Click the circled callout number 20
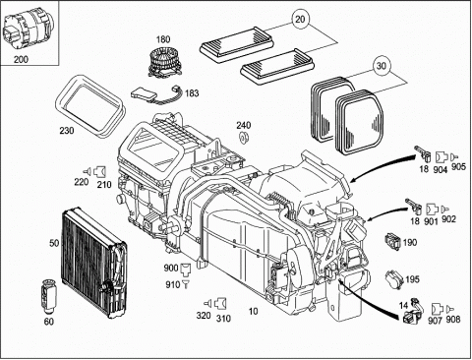pyautogui.click(x=300, y=20)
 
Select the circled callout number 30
pyautogui.click(x=382, y=66)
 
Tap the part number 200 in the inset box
pyautogui.click(x=21, y=59)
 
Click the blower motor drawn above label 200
pyautogui.click(x=28, y=30)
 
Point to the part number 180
pyautogui.click(x=163, y=39)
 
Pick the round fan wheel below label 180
pyautogui.click(x=165, y=63)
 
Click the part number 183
pyautogui.click(x=192, y=93)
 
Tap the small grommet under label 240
pyautogui.click(x=243, y=137)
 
